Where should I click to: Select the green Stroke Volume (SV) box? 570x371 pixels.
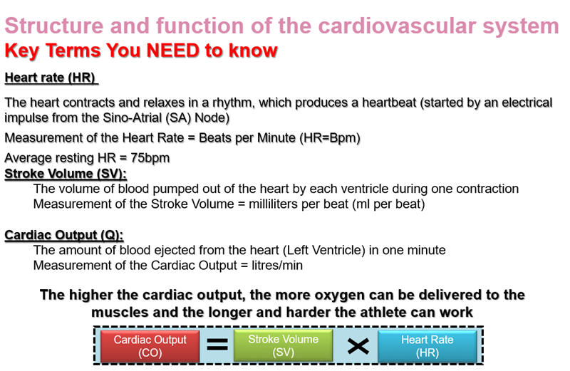(283, 345)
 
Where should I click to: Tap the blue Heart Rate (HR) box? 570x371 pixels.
(427, 345)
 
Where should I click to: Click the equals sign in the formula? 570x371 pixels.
(217, 346)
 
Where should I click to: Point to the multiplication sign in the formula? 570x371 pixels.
(358, 346)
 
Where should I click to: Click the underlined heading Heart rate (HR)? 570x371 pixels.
(51, 77)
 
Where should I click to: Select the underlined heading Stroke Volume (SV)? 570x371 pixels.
(66, 173)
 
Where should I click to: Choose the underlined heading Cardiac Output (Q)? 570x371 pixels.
(64, 235)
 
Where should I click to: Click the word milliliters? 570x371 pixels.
(283, 204)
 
